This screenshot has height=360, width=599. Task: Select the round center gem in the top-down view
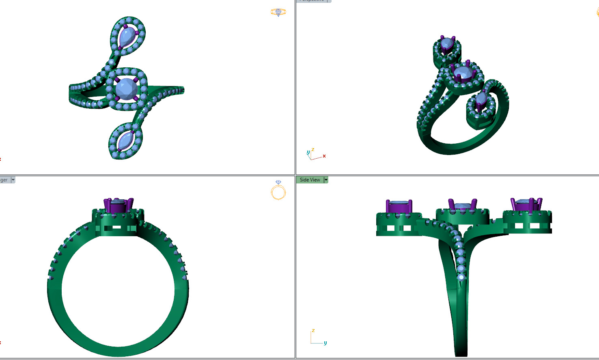pyautogui.click(x=126, y=88)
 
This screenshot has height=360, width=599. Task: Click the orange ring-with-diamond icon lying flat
pyautogui.click(x=278, y=13)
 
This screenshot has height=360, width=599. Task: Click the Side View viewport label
pyautogui.click(x=310, y=180)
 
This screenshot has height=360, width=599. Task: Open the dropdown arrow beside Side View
pyautogui.click(x=326, y=180)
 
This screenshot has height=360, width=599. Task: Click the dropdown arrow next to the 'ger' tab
pyautogui.click(x=13, y=180)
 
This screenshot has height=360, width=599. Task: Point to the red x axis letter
pyautogui.click(x=324, y=156)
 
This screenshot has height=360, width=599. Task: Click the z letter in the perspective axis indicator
pyautogui.click(x=313, y=150)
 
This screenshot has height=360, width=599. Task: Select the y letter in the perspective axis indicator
pyautogui.click(x=308, y=153)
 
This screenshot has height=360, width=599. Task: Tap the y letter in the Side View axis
pyautogui.click(x=325, y=343)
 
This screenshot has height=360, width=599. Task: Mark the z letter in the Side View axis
pyautogui.click(x=313, y=331)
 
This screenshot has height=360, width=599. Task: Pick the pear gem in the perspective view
pyautogui.click(x=447, y=43)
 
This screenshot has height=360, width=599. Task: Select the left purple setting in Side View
pyautogui.click(x=399, y=207)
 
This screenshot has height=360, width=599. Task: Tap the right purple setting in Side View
pyautogui.click(x=526, y=205)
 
